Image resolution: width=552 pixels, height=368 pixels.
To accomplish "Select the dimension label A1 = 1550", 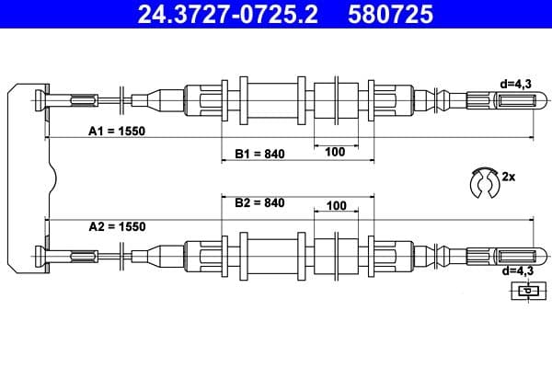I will point(117,131).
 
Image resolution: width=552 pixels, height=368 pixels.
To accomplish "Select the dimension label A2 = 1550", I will point(117,226).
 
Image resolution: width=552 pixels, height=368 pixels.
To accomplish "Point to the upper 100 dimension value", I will point(335,152).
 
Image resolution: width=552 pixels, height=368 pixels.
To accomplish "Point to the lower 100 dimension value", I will point(337,205).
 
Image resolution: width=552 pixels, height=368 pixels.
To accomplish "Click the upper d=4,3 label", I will point(516,83).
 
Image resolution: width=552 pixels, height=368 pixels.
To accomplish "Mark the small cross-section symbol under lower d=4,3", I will point(525,292).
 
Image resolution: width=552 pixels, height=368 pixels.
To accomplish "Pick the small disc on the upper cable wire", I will point(123,98).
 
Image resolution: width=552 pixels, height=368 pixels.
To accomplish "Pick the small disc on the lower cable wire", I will point(123,255).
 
